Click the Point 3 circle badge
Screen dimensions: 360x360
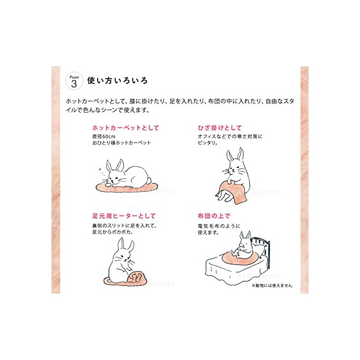click(x=74, y=81)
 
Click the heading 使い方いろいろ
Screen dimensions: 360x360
click(x=117, y=81)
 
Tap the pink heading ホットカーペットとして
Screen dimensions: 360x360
click(x=125, y=128)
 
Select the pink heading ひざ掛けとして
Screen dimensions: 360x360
click(x=220, y=128)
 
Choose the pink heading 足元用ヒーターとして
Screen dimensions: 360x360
click(x=124, y=216)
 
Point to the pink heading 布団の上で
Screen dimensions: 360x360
click(x=214, y=216)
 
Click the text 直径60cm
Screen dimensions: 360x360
click(x=104, y=136)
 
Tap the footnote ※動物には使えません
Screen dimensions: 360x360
click(x=272, y=285)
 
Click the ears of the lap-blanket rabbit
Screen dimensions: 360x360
click(x=235, y=154)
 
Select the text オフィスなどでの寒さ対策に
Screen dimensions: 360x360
click(x=230, y=136)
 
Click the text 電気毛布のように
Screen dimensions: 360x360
click(x=219, y=226)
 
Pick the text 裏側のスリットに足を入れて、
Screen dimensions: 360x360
click(x=124, y=226)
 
